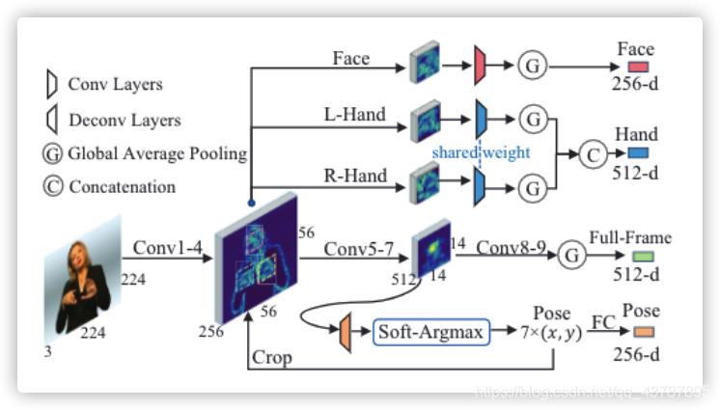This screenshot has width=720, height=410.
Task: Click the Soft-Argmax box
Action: [x=430, y=333]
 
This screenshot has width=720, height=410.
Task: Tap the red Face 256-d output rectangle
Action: [x=637, y=67]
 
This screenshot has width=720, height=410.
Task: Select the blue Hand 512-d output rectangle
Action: [x=637, y=152]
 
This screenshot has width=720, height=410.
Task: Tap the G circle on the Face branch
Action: [x=532, y=66]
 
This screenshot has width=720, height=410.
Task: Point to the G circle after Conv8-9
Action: [x=573, y=257]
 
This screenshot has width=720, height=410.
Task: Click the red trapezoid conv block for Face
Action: [x=480, y=66]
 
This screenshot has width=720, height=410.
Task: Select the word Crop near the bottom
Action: [x=272, y=357]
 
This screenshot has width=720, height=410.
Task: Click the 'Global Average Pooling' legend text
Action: [x=156, y=154]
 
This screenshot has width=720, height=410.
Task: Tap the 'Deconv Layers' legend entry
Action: [x=124, y=121]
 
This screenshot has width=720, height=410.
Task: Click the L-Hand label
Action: [x=354, y=115]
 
